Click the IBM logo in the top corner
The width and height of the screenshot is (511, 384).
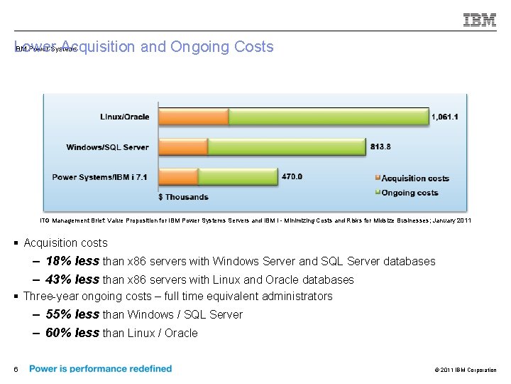(480, 21)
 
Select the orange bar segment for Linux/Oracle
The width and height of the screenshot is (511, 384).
(193, 117)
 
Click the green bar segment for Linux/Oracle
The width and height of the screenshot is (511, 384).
(329, 117)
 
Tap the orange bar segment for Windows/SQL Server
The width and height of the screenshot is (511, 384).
(183, 147)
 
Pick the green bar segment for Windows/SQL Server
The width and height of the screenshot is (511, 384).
(286, 147)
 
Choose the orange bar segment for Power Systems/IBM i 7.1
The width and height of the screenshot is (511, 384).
(178, 177)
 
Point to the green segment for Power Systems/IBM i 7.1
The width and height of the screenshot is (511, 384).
(238, 177)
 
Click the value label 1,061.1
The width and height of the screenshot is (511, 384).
(445, 117)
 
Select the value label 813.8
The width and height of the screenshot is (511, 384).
(380, 146)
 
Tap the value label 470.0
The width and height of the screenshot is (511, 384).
(292, 176)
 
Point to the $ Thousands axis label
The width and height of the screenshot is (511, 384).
(183, 197)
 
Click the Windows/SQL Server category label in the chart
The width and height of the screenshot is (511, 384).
(107, 147)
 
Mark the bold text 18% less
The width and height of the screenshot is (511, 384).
(72, 261)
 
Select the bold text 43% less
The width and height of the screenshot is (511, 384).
(72, 279)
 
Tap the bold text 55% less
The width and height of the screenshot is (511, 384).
(72, 314)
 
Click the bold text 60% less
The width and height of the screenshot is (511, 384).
(72, 333)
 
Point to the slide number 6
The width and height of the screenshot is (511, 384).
(15, 369)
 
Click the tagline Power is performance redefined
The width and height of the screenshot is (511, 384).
(100, 368)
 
